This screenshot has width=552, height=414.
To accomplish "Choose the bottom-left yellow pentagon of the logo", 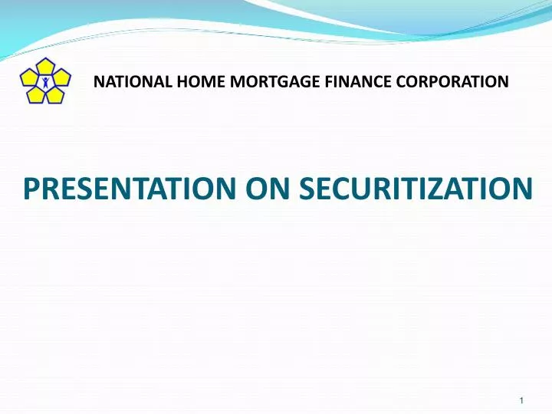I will pos(35,94).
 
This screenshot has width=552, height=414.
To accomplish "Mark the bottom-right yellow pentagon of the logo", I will pos(55,94).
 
